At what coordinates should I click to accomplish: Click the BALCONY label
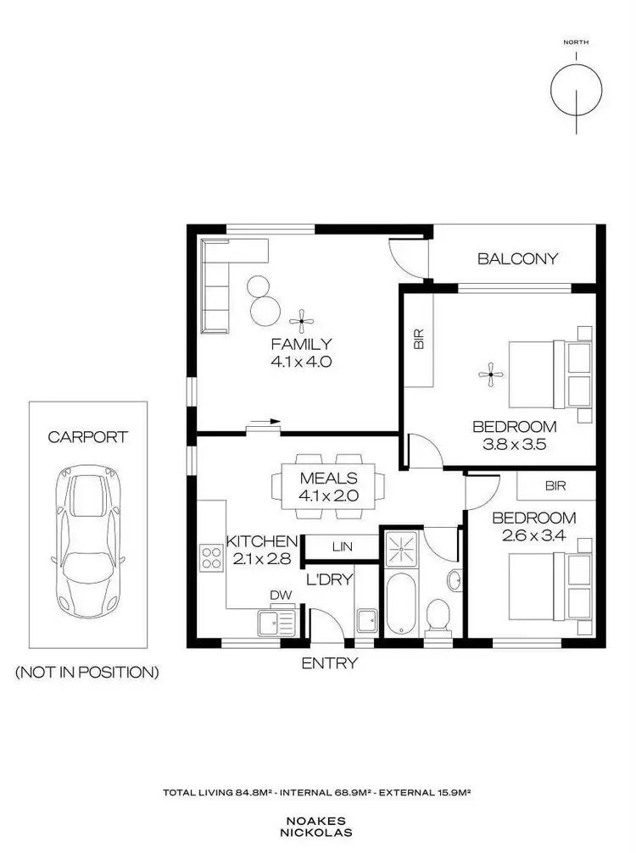517,258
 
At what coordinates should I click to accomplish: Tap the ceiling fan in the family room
301,320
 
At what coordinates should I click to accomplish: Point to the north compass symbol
576,88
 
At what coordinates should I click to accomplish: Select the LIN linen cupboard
342,548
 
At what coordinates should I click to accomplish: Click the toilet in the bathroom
438,615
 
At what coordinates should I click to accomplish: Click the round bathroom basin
453,581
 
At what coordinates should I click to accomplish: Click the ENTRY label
330,663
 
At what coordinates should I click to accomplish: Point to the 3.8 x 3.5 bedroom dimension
515,444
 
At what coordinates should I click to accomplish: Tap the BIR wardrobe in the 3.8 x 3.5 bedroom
418,339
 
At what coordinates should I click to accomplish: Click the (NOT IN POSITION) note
87,673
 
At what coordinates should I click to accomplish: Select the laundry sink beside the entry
366,622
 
